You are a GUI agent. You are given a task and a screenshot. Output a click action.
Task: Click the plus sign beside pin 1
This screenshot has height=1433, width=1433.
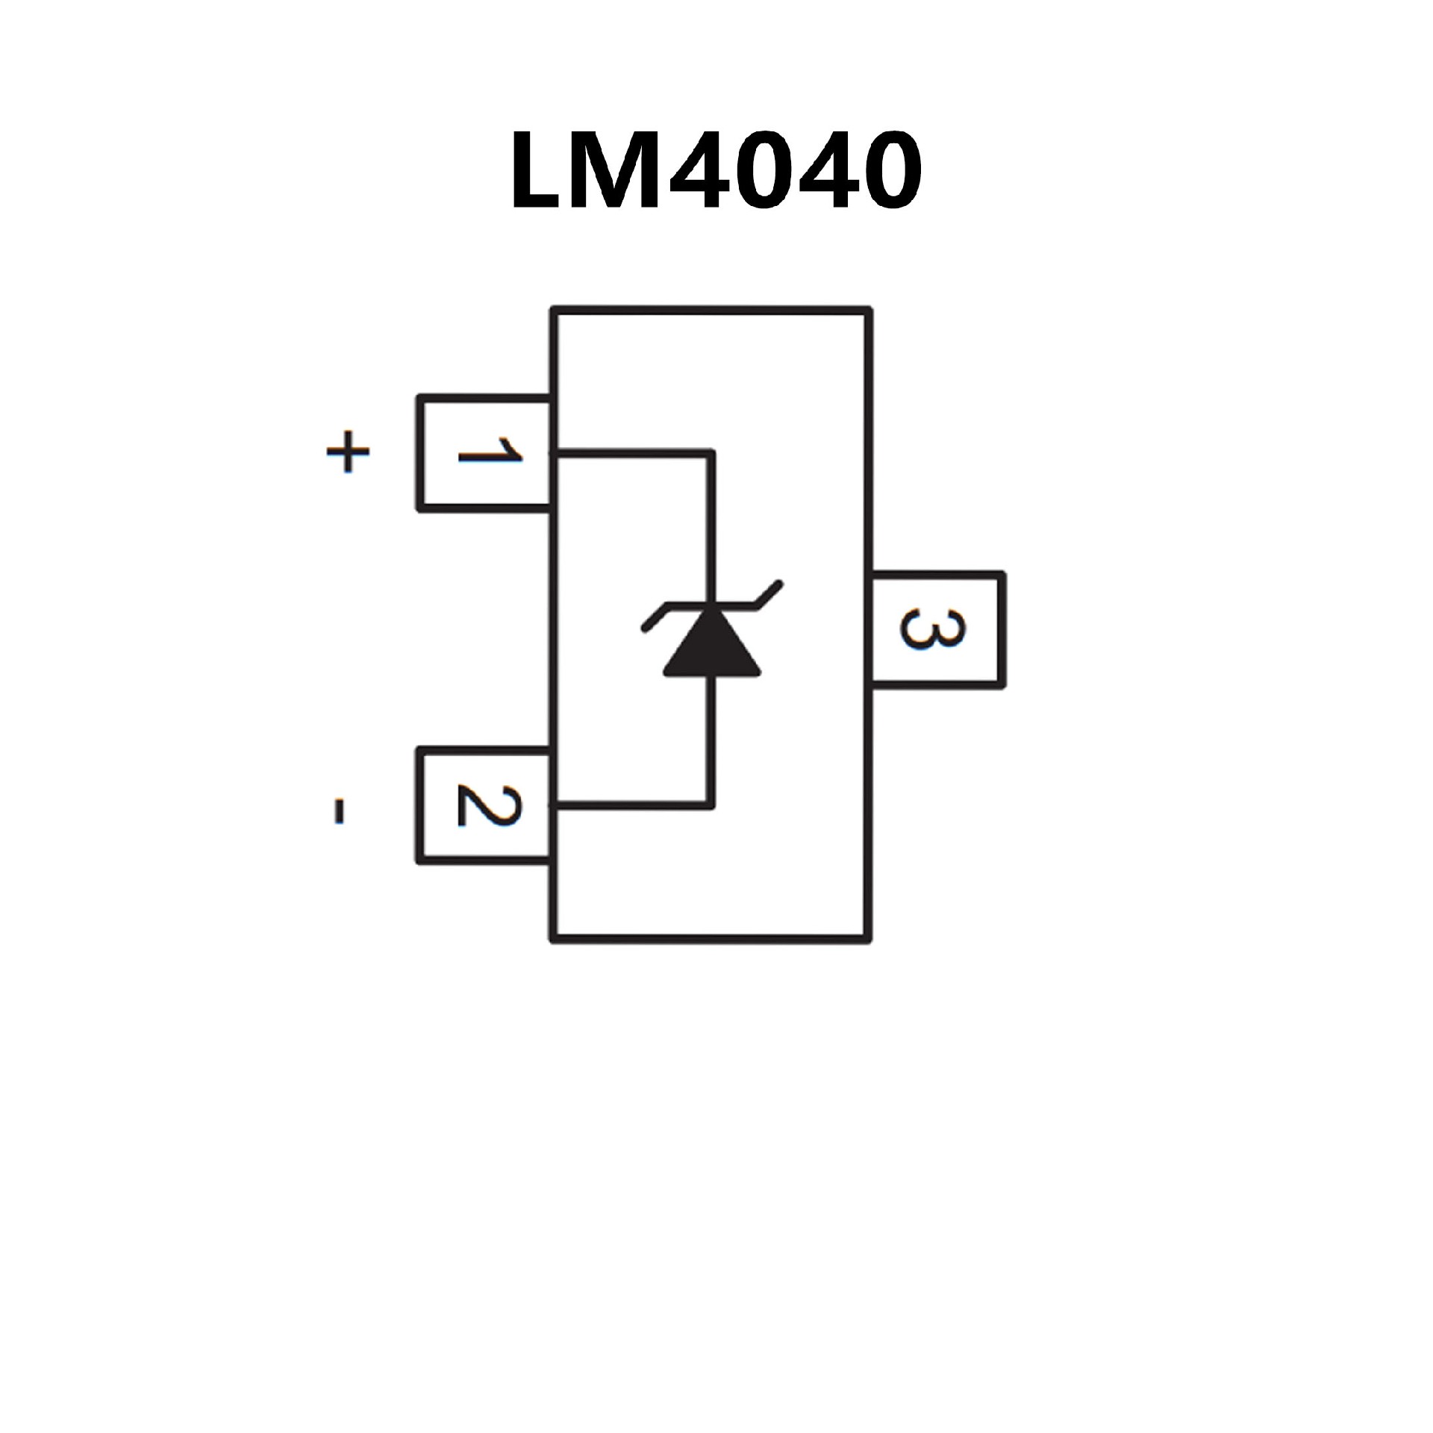coord(348,452)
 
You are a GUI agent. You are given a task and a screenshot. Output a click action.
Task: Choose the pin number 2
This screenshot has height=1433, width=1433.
coord(489,806)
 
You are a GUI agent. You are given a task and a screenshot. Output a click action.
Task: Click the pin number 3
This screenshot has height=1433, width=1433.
coord(933,629)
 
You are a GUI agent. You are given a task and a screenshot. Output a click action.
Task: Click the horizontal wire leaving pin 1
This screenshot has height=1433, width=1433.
coord(631,452)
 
